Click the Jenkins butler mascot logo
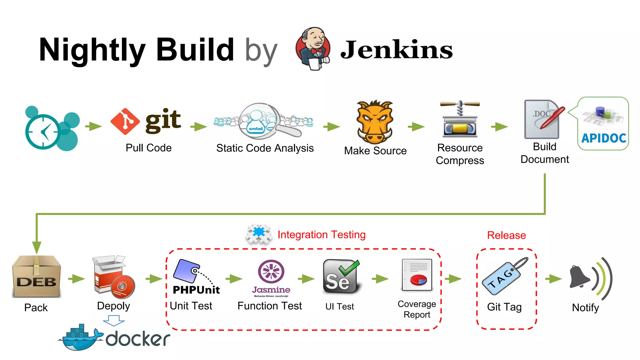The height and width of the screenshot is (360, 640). [x=313, y=48]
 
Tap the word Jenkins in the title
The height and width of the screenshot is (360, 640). [x=396, y=50]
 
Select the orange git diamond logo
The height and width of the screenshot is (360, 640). [x=125, y=121]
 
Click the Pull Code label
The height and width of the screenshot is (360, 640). [x=148, y=148]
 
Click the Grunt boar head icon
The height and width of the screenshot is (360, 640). [x=375, y=122]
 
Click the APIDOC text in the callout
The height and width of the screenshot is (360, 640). [x=603, y=138]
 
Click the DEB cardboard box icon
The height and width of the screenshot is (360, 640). [x=36, y=277]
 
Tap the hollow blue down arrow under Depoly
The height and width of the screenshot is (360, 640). [x=114, y=320]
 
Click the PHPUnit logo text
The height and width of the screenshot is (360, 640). [x=196, y=290]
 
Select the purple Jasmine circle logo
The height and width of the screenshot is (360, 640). [x=271, y=272]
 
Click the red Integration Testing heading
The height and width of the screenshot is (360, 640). [x=321, y=234]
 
